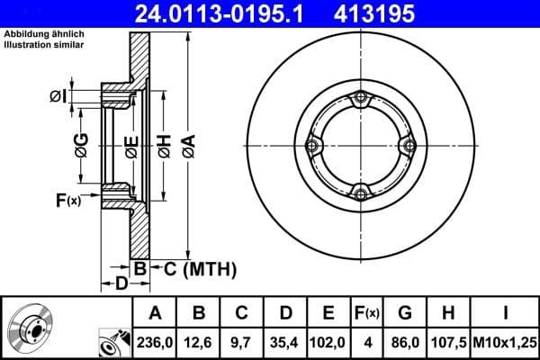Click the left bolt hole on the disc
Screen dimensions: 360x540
(x=312, y=146)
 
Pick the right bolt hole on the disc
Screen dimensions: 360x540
(x=409, y=146)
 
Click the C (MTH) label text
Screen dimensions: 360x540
(x=200, y=268)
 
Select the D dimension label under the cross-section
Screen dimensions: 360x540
(x=121, y=284)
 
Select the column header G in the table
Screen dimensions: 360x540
(x=405, y=313)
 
